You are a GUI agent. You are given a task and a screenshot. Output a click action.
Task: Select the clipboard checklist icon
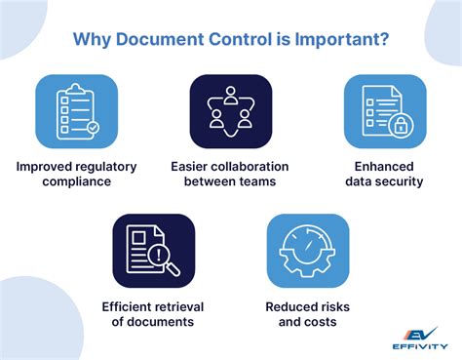coord(77,116)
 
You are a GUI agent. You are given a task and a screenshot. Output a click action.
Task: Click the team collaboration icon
coord(230,116)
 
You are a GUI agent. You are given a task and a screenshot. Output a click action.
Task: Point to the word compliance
coord(77,182)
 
